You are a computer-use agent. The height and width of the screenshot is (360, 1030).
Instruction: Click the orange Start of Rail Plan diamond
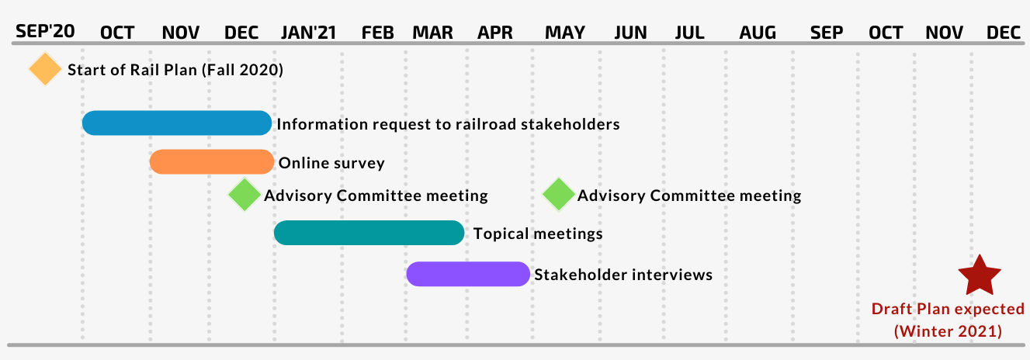click(44, 69)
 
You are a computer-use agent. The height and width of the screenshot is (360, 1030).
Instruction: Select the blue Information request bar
click(177, 123)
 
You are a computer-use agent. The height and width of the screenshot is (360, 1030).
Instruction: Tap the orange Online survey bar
click(212, 161)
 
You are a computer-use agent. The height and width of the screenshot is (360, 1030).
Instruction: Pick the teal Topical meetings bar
click(369, 233)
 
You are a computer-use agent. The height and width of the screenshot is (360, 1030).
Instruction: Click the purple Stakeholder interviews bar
click(468, 274)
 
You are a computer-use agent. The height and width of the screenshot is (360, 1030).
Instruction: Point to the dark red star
click(980, 276)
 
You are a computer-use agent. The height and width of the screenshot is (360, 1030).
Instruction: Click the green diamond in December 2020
click(244, 195)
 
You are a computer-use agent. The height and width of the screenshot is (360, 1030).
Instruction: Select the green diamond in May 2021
click(558, 195)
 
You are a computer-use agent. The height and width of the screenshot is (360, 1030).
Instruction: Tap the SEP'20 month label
click(45, 31)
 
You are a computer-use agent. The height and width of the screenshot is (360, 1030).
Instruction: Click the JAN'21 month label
click(309, 33)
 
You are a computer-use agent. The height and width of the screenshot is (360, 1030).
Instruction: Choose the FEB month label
click(377, 33)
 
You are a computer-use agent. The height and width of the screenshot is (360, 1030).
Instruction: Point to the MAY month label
click(565, 33)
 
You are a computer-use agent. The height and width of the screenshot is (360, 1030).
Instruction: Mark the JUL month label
click(689, 33)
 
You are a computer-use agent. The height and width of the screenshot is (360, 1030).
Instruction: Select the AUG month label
click(758, 33)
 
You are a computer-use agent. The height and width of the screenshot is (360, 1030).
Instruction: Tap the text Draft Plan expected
click(948, 309)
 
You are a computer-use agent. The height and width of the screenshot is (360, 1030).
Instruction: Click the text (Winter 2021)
click(948, 331)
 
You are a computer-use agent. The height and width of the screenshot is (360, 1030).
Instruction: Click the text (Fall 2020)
click(242, 70)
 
